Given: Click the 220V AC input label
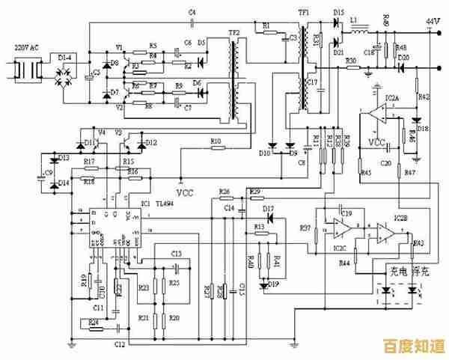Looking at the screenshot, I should click(x=27, y=47).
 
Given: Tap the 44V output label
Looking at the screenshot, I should click(x=433, y=19).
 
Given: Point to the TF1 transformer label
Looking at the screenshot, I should click(x=304, y=13).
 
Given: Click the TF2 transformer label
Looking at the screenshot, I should click(x=233, y=34).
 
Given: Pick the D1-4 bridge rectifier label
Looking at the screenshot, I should click(x=65, y=56).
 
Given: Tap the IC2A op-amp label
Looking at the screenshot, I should click(x=391, y=98).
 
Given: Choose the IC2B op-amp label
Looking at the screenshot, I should click(x=400, y=219).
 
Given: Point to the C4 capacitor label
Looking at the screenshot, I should click(x=192, y=13).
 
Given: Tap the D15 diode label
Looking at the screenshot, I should click(x=339, y=13).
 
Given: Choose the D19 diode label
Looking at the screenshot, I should click(x=274, y=284).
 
